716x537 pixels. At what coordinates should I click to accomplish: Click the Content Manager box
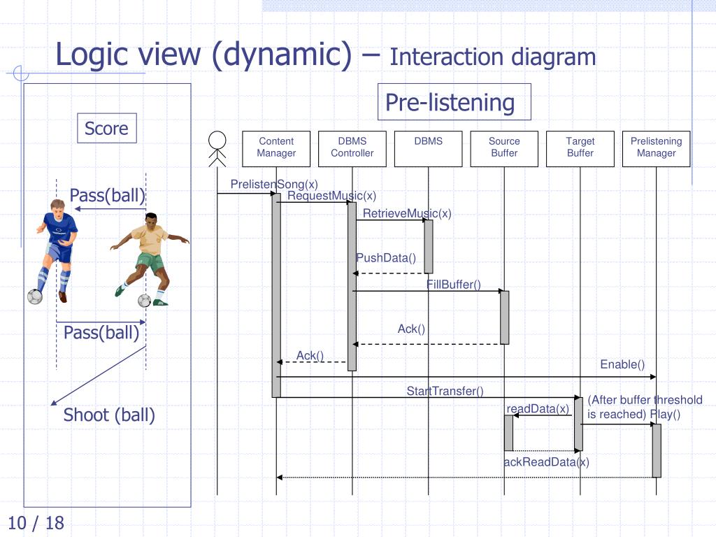[x=276, y=148]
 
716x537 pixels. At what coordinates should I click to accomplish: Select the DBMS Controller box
[x=352, y=148]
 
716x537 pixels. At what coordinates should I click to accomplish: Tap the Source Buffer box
[x=504, y=148]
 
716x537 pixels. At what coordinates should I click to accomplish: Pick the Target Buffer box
[x=580, y=148]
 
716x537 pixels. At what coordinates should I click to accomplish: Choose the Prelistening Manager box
[x=656, y=148]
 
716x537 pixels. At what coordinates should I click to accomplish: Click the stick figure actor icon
[x=217, y=148]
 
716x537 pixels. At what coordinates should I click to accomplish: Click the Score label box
[x=106, y=129]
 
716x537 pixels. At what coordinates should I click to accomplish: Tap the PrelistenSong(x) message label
[x=274, y=185]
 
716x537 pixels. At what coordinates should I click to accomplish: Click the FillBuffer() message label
[x=454, y=285]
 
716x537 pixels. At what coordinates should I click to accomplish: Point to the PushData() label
[x=386, y=258]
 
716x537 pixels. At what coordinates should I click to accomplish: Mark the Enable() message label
[x=622, y=364]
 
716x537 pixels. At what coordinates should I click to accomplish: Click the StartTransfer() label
[x=445, y=392]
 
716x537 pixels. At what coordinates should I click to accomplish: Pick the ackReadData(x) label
[x=546, y=462]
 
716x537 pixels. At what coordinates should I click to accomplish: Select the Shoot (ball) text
[x=109, y=415]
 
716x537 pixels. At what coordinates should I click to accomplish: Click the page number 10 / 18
[x=36, y=522]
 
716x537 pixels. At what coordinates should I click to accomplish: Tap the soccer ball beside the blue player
[x=34, y=296]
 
